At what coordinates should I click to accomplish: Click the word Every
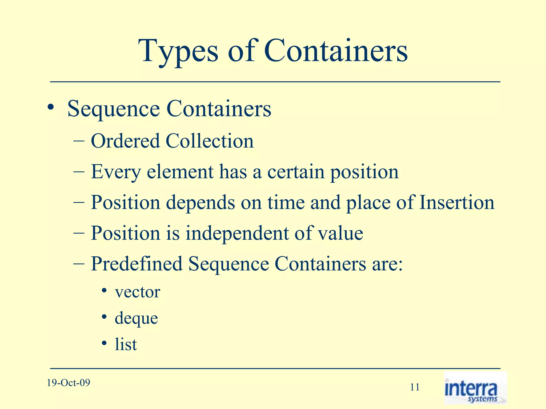click(x=116, y=172)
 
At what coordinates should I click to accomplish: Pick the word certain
click(x=296, y=171)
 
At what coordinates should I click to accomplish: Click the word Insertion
click(x=457, y=202)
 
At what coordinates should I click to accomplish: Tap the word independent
click(x=237, y=233)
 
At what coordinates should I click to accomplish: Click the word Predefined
click(x=136, y=264)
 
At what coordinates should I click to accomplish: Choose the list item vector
click(x=138, y=292)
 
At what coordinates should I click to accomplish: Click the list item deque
click(x=136, y=318)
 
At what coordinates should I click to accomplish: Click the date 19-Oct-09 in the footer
click(x=69, y=383)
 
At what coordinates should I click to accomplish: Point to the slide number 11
click(x=415, y=387)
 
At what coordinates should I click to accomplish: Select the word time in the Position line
click(x=286, y=202)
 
